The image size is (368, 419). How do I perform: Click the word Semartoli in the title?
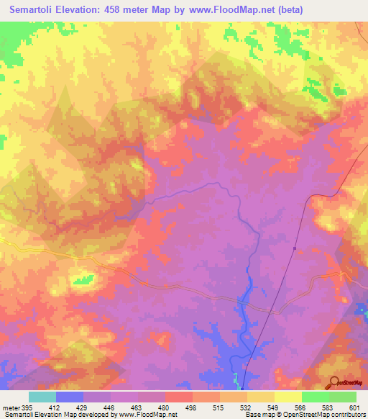(36, 10)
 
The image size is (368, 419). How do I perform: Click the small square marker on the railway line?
(295, 248)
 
